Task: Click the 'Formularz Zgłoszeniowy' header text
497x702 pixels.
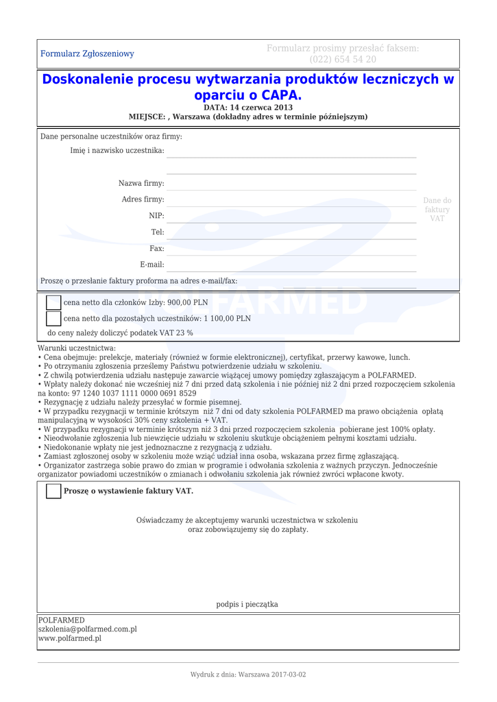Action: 87,53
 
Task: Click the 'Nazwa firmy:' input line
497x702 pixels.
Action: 291,189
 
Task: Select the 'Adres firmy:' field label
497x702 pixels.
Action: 143,199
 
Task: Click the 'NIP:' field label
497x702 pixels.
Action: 156,216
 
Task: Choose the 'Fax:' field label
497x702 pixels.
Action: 156,249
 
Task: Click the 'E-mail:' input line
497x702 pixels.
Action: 291,270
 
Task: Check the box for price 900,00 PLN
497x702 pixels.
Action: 53,302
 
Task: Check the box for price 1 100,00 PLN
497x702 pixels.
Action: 53,318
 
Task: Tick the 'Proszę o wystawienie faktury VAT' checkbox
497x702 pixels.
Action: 53,491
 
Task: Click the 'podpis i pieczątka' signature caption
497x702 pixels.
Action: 247,604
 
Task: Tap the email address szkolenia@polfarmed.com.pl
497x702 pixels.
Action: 87,629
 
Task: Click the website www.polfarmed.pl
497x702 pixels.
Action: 69,638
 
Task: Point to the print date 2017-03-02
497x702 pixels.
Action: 289,675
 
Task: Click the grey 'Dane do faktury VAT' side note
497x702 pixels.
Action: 437,209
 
